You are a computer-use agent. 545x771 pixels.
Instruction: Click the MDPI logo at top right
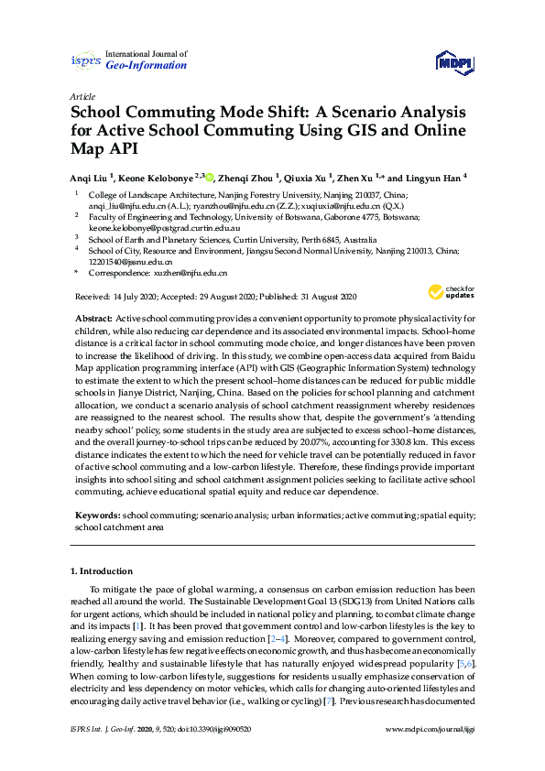pyautogui.click(x=454, y=62)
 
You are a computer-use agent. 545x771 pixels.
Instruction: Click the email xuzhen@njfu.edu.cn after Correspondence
pyautogui.click(x=190, y=273)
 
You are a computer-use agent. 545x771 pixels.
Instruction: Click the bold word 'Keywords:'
pyautogui.click(x=97, y=516)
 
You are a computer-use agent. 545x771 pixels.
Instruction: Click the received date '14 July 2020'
pyautogui.click(x=137, y=297)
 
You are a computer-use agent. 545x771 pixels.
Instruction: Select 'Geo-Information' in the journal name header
pyautogui.click(x=147, y=66)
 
